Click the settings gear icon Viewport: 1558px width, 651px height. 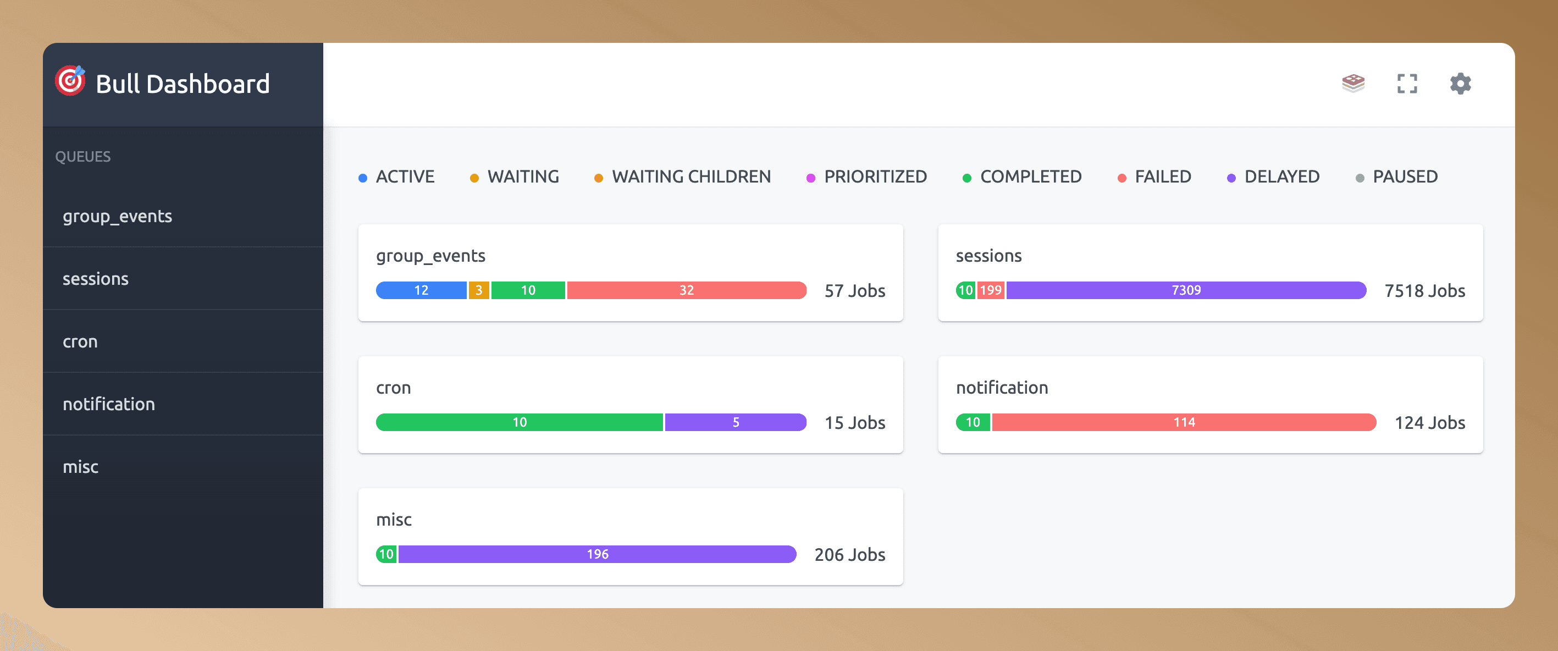pyautogui.click(x=1460, y=84)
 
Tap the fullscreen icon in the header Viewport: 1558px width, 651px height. pyautogui.click(x=1407, y=84)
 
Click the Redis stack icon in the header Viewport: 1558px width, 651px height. pyautogui.click(x=1353, y=83)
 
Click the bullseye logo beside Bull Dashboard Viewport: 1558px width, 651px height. pyautogui.click(x=70, y=81)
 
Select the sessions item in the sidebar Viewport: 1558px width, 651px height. pyautogui.click(x=96, y=279)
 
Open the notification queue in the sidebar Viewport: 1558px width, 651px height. pyautogui.click(x=109, y=404)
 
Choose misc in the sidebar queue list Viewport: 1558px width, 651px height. pyautogui.click(x=80, y=467)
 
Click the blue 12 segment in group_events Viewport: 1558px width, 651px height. pyautogui.click(x=421, y=290)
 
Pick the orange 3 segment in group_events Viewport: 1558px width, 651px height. pyautogui.click(x=478, y=290)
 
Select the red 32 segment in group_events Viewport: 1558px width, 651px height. pyautogui.click(x=686, y=290)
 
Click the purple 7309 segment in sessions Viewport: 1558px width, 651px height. pyautogui.click(x=1185, y=290)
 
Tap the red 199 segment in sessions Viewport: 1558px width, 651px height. pyautogui.click(x=990, y=290)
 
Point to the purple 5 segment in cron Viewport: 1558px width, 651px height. pyautogui.click(x=736, y=422)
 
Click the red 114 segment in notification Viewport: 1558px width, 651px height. pyautogui.click(x=1184, y=422)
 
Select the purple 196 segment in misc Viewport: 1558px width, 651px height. pyautogui.click(x=597, y=554)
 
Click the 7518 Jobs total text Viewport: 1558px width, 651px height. pyautogui.click(x=1424, y=291)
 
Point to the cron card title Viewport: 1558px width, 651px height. pyautogui.click(x=393, y=388)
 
